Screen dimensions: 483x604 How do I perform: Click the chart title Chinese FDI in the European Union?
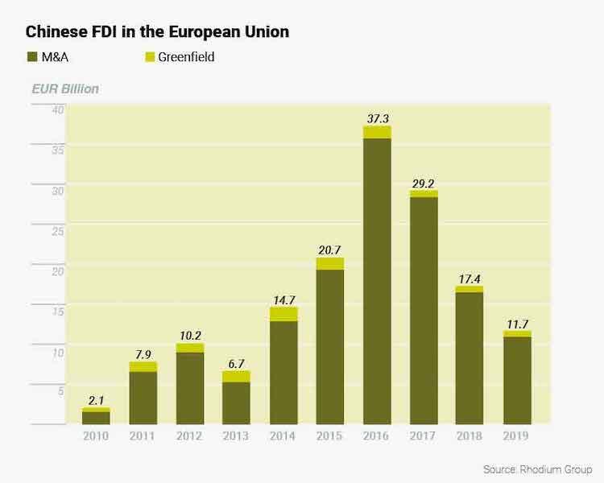(x=157, y=32)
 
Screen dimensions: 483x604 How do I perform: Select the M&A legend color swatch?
(x=33, y=57)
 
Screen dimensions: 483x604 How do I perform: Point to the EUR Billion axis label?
(x=64, y=89)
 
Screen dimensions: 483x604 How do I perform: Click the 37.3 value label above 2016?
(x=377, y=118)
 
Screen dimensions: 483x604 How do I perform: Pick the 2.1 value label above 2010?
(x=96, y=400)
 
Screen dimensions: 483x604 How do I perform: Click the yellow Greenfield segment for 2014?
(x=283, y=314)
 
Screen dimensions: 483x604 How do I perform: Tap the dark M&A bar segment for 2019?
(x=517, y=380)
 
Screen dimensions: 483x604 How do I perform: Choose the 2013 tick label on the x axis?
(x=236, y=436)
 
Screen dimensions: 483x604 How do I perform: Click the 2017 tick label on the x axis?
(x=424, y=436)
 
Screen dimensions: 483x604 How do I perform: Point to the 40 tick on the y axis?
(x=58, y=110)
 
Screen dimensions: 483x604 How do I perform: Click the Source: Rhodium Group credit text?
(x=537, y=469)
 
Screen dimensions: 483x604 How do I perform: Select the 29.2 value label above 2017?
(x=424, y=183)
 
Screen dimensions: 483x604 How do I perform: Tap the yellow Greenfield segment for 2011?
(x=143, y=366)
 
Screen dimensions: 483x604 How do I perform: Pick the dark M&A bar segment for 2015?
(x=329, y=346)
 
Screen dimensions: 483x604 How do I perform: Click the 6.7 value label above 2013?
(x=236, y=363)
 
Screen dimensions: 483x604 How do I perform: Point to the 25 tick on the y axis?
(x=58, y=231)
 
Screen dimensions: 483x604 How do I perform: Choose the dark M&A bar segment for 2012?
(x=189, y=388)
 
